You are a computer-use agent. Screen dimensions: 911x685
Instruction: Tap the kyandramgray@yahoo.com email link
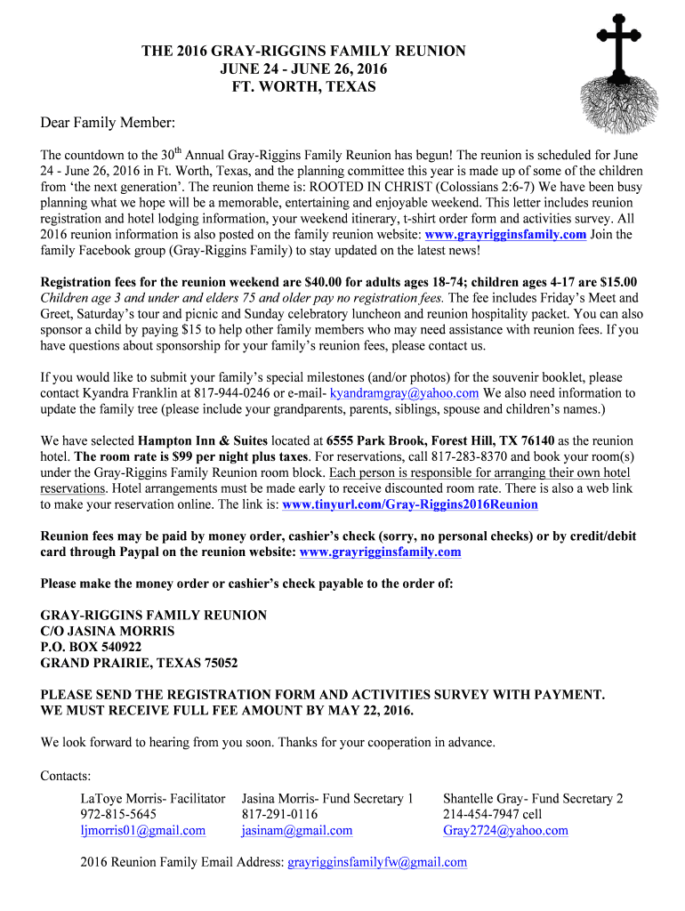coord(405,393)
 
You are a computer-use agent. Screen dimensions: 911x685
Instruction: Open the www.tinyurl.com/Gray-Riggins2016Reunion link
coord(409,504)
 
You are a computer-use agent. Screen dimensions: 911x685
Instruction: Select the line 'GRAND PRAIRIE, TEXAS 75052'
coord(140,664)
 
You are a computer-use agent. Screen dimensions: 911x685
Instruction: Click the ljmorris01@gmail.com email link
coord(142,831)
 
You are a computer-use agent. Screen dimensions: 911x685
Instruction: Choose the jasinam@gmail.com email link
coord(296,831)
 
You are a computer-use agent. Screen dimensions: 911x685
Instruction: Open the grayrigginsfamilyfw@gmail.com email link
coord(377,863)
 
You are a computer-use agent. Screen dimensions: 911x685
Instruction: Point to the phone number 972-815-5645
coord(118,815)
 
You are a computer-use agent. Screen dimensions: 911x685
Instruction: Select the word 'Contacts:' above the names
coord(66,777)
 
